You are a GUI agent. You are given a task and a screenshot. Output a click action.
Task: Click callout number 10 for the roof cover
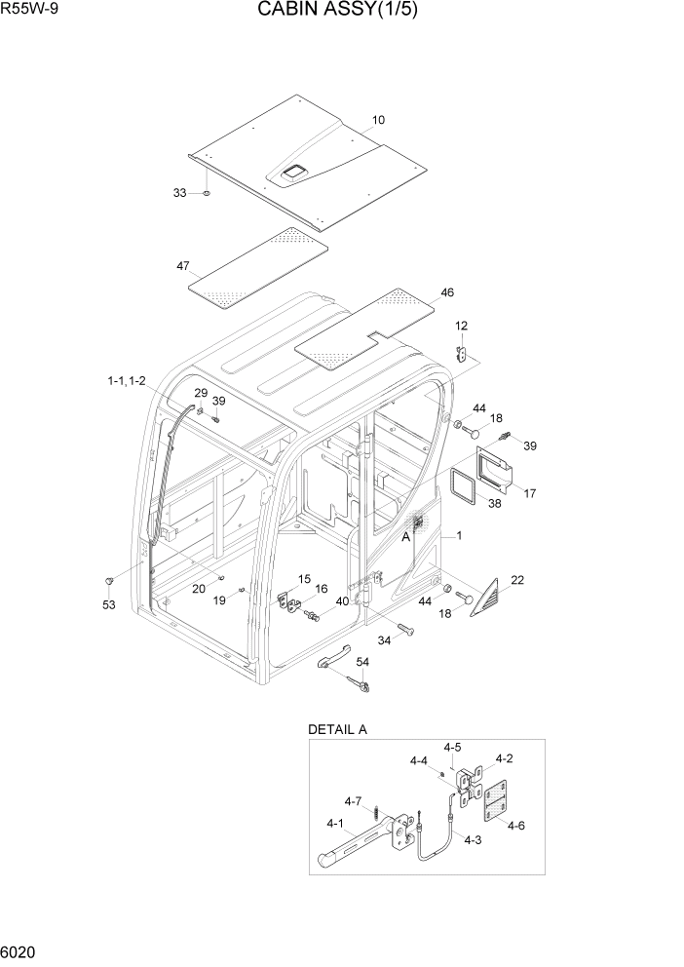378,121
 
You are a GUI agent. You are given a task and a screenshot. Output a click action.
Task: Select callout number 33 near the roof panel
179,193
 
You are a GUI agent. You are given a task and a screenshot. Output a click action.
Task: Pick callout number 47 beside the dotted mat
182,266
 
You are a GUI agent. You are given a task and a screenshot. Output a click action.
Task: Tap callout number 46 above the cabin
447,291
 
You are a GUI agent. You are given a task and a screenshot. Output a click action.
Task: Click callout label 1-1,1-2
127,381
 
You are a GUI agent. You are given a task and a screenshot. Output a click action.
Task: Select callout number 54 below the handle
362,662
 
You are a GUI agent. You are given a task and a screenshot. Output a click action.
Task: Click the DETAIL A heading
337,729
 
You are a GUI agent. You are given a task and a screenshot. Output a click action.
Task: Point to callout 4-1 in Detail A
335,823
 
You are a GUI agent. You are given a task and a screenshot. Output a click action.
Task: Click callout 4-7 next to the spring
352,801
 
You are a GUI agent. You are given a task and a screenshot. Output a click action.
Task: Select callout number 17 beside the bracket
530,493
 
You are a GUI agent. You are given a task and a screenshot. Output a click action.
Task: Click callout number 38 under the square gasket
494,504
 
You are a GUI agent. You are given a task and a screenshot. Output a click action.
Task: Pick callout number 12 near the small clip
461,326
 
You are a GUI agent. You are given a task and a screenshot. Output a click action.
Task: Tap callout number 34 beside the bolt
384,640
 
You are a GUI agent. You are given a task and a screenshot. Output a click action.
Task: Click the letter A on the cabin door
405,535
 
